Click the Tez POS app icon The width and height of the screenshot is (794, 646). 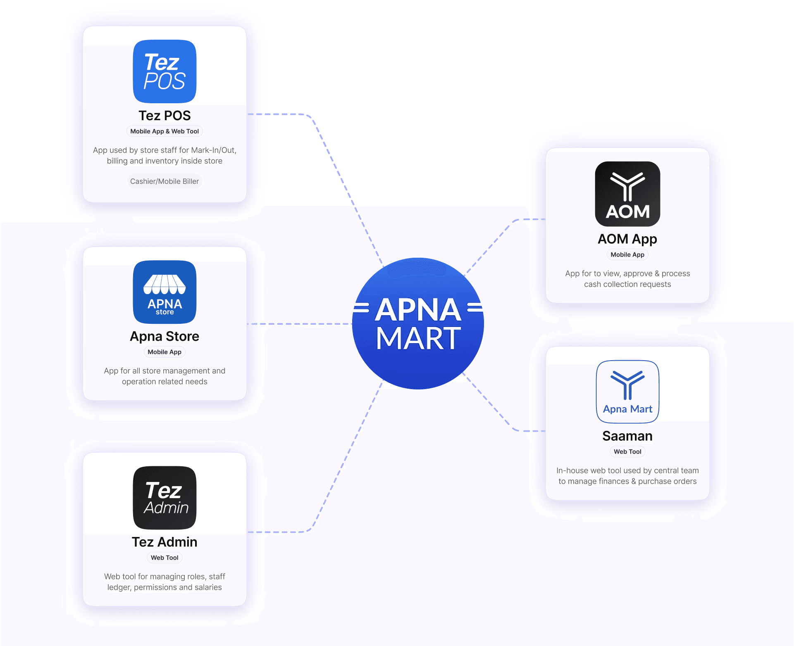[165, 71]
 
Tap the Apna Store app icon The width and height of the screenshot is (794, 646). [165, 292]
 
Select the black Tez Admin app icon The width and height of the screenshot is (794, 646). [165, 498]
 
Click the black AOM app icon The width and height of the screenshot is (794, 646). [627, 194]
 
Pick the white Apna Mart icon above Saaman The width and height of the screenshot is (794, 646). [627, 392]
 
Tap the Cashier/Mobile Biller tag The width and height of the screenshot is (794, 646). [165, 181]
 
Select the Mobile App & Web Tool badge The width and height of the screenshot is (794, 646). [165, 131]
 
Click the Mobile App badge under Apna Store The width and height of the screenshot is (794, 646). [165, 352]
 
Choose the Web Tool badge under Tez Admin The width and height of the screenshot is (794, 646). [165, 558]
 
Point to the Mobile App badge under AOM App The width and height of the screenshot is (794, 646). [627, 255]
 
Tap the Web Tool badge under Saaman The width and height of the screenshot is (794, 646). [627, 452]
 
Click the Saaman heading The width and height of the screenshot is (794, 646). [627, 436]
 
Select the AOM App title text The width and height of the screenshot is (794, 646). [627, 239]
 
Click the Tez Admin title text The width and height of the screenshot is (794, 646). [165, 542]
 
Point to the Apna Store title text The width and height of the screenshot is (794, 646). [165, 337]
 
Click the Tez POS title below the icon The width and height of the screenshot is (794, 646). [165, 116]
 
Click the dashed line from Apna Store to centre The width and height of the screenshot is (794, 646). [300, 324]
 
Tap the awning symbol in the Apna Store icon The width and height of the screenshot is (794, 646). [165, 284]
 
